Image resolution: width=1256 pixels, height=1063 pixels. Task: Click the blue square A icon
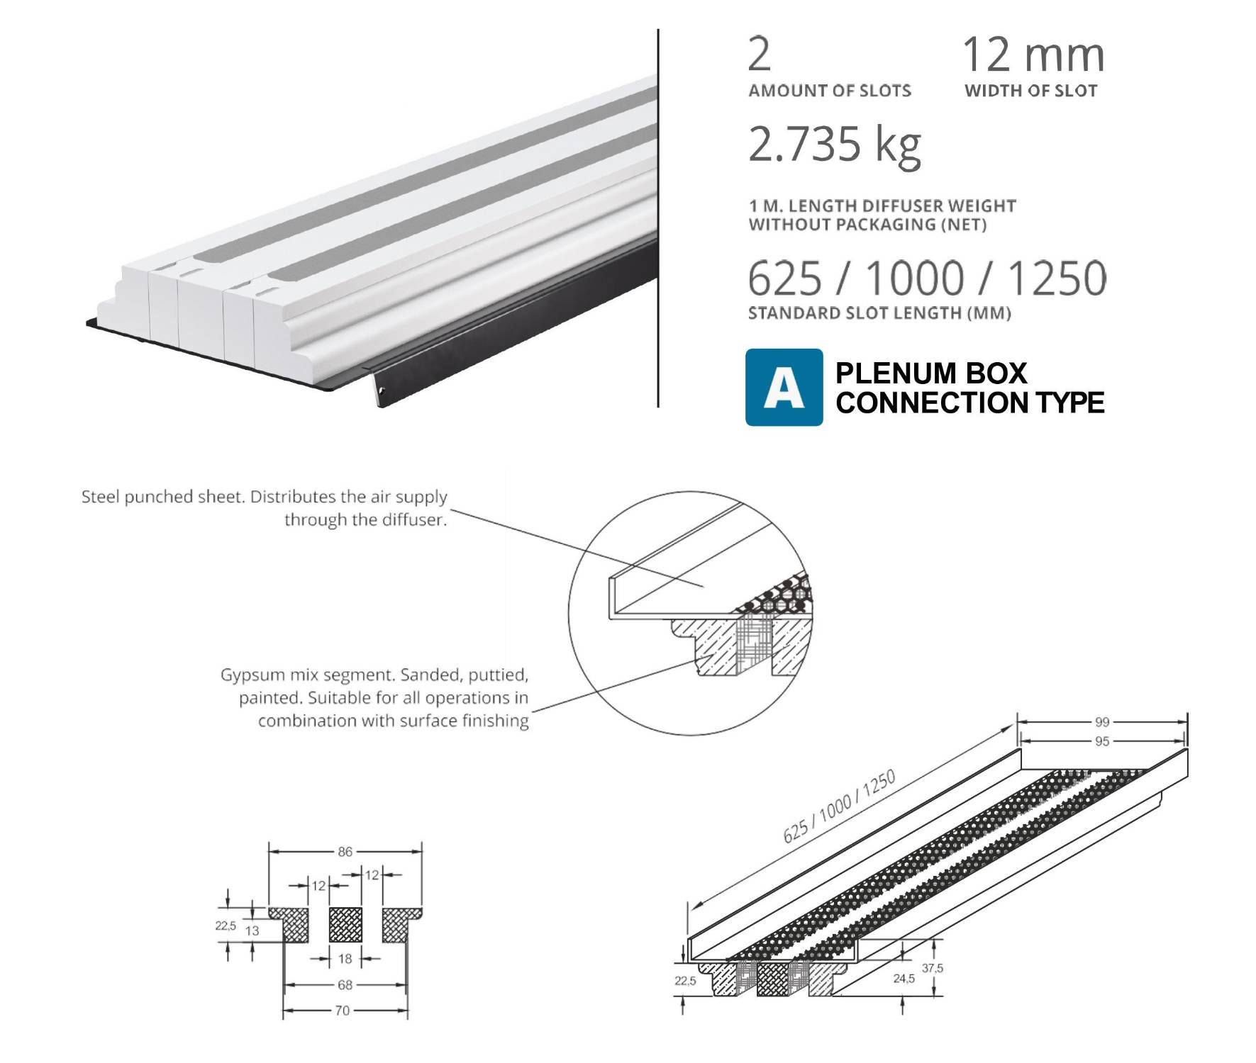coord(784,387)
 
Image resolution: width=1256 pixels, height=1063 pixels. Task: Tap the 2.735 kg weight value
coord(834,145)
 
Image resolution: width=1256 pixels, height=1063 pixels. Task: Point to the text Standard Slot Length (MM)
coord(879,313)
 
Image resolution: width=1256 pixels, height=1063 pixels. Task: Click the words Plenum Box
coord(930,373)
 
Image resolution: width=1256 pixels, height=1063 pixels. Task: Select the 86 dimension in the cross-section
coord(345,852)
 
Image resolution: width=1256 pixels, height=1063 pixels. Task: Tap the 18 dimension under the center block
coord(345,959)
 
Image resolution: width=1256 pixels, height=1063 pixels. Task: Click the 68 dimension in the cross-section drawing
coord(345,985)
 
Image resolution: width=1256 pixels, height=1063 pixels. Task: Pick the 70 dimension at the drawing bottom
coord(343,1011)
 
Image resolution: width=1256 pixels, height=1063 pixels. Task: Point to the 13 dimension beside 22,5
coord(252,931)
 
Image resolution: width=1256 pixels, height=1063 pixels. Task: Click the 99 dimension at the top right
coord(1101,722)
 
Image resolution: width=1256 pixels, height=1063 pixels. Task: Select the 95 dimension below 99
coord(1101,741)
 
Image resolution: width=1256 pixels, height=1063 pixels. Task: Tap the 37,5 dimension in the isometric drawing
coord(933,968)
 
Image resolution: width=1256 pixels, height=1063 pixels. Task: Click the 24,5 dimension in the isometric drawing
coord(904,979)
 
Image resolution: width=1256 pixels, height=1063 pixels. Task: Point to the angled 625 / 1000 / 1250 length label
coord(839,806)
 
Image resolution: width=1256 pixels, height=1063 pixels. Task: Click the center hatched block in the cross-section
coord(345,925)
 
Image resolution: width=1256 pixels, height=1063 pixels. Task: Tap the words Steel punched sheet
coord(165,497)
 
